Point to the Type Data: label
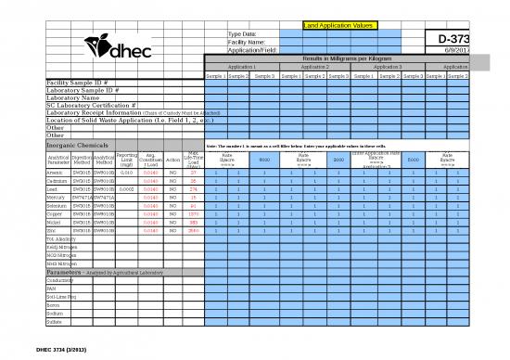243,33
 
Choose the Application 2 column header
314,67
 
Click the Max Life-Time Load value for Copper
194,213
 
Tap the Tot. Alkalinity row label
59,239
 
